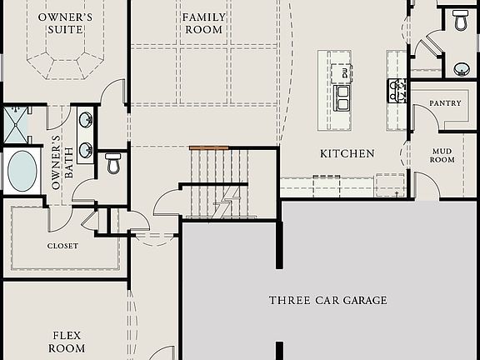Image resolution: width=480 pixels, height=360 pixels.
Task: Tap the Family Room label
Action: point(202,22)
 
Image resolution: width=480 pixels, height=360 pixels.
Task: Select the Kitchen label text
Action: point(347,154)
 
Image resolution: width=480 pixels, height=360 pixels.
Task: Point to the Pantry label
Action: point(445,103)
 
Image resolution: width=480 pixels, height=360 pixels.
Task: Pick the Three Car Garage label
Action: point(327,300)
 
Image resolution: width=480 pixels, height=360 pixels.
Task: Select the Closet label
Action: point(62,246)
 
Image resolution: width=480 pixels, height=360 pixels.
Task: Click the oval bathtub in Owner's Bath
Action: point(22,171)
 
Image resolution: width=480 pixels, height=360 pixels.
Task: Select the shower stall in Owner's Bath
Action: point(16,125)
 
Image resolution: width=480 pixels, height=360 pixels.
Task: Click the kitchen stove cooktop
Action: point(397,90)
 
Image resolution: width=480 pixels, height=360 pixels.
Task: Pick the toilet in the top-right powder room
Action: point(461,18)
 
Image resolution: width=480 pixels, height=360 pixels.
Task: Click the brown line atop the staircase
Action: point(208,147)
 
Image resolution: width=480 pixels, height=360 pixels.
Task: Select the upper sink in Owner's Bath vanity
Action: point(85,120)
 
